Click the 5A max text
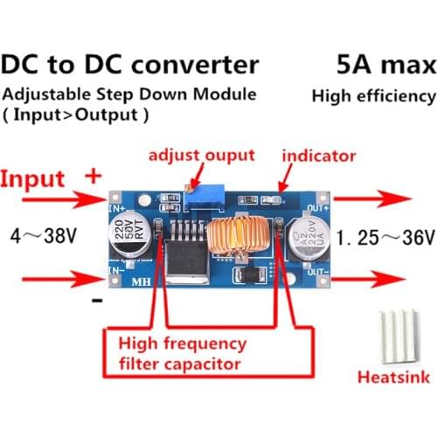coord(384,65)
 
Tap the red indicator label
coord(319,156)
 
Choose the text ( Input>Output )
coord(75,114)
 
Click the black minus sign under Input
coord(97,301)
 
